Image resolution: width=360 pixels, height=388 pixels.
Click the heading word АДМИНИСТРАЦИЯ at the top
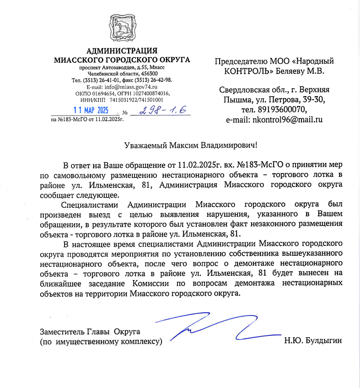click(x=122, y=51)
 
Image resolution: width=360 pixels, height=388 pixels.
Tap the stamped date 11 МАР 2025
click(x=91, y=110)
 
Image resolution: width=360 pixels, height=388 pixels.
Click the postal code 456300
click(x=150, y=74)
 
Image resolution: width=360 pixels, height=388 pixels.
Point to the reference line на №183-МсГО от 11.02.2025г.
click(x=87, y=119)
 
